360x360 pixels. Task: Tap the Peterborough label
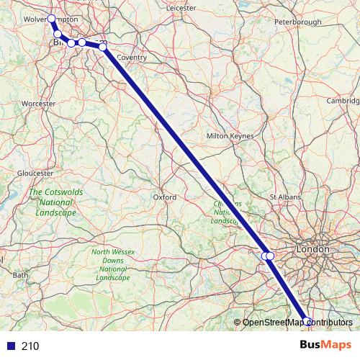(x=297, y=22)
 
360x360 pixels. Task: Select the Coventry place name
(x=131, y=58)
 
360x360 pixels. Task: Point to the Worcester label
(x=39, y=104)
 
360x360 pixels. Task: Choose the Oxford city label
(x=164, y=197)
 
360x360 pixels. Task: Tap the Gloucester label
(x=35, y=173)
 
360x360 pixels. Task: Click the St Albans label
(x=283, y=196)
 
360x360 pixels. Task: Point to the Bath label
(x=20, y=275)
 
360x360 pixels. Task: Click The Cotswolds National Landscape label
(x=52, y=203)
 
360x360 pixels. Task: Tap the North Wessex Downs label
(x=112, y=264)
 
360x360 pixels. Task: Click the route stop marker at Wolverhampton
(x=52, y=19)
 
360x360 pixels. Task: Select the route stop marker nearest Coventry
(x=103, y=47)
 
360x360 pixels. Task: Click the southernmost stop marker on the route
(x=307, y=321)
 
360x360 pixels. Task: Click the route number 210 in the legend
(x=30, y=346)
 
